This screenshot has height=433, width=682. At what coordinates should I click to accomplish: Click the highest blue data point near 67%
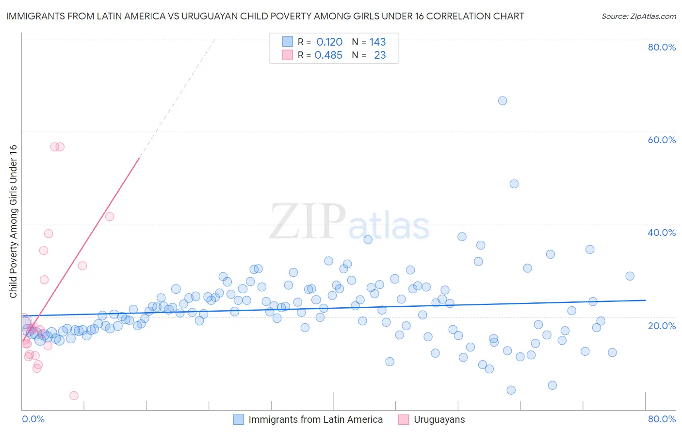[x=503, y=100]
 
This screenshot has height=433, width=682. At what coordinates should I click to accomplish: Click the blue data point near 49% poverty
[x=514, y=184]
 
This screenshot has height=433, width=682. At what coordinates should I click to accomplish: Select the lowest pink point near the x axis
[x=74, y=396]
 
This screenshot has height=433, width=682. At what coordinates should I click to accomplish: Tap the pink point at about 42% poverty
[x=110, y=216]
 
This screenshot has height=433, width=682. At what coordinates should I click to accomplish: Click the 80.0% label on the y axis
[x=662, y=47]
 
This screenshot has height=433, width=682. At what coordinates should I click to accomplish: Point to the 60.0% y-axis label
[x=662, y=140]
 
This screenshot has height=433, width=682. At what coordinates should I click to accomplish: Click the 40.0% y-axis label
[x=662, y=233]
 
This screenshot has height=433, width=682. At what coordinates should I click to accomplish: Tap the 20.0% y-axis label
[x=662, y=326]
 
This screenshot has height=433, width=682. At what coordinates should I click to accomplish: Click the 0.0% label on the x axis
[x=33, y=419]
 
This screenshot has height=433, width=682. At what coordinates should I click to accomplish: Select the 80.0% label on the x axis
[x=662, y=419]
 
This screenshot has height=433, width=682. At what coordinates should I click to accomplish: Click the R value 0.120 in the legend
[x=329, y=42]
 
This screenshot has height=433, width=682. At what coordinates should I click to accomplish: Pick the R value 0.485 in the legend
[x=328, y=55]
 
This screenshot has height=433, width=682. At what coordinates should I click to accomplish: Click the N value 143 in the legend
[x=377, y=42]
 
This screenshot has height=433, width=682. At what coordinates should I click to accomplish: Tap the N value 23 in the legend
[x=380, y=55]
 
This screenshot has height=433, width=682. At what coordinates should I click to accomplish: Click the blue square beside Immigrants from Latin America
[x=238, y=419]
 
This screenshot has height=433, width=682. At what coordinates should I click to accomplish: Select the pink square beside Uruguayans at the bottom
[x=403, y=419]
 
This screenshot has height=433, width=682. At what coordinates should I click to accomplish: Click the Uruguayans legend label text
[x=439, y=419]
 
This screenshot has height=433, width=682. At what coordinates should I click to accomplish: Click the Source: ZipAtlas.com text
[x=638, y=17]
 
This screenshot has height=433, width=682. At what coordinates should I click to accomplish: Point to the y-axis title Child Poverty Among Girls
[x=13, y=221]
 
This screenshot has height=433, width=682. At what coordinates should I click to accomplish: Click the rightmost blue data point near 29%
[x=630, y=276]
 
